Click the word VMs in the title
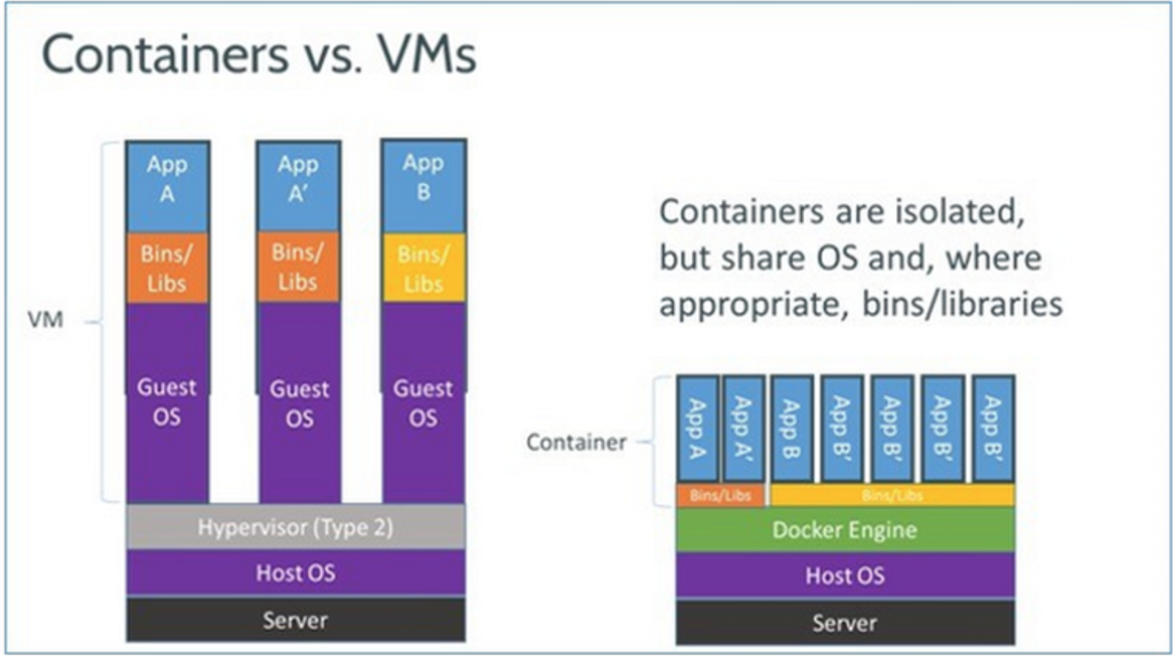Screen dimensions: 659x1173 [x=427, y=55]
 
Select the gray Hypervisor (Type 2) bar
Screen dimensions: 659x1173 [x=296, y=527]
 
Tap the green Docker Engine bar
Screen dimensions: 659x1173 [x=845, y=529]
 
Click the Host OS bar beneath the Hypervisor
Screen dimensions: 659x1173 [x=296, y=573]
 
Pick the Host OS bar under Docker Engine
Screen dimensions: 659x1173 [x=845, y=575]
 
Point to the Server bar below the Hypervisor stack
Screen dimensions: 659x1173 [x=296, y=620]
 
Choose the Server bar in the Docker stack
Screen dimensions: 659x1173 [x=845, y=623]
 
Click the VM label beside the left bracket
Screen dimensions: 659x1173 [x=45, y=320]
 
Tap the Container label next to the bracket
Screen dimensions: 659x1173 [x=576, y=442]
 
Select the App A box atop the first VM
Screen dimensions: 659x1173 [x=168, y=187]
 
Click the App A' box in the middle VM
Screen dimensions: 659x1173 [x=298, y=187]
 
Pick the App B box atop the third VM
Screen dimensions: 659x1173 [x=424, y=186]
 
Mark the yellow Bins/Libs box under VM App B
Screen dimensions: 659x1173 [x=424, y=268]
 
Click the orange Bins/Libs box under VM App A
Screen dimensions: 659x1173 [x=168, y=268]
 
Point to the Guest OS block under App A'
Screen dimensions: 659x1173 [x=300, y=403]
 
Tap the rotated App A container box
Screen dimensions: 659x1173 [x=697, y=428]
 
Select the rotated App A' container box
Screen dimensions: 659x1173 [x=743, y=428]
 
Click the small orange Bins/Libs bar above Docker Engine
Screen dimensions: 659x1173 [x=720, y=495]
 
